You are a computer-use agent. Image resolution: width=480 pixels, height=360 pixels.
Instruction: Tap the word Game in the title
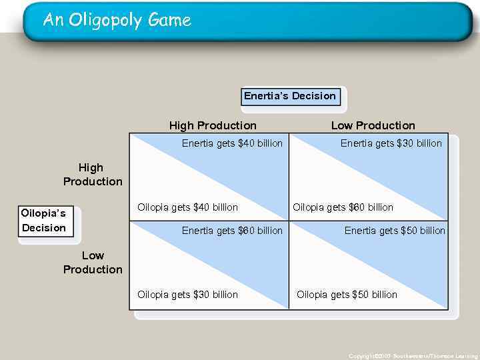pyautogui.click(x=169, y=21)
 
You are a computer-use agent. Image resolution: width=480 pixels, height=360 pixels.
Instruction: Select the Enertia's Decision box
pyautogui.click(x=290, y=97)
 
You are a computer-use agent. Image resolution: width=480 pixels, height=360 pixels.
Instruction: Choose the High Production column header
pyautogui.click(x=213, y=125)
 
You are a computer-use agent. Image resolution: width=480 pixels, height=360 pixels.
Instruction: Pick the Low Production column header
pyautogui.click(x=373, y=125)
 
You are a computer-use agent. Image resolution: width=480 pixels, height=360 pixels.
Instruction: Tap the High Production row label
pyautogui.click(x=93, y=175)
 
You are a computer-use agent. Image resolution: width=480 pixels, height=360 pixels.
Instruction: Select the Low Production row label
pyautogui.click(x=93, y=263)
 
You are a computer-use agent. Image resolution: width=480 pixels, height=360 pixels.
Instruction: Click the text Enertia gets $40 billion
pyautogui.click(x=232, y=143)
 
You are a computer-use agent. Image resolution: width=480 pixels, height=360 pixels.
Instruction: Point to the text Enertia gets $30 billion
pyautogui.click(x=391, y=143)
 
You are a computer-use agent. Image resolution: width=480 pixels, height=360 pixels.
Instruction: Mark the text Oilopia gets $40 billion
pyautogui.click(x=187, y=207)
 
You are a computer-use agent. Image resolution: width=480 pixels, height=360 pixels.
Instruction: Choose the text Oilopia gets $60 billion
pyautogui.click(x=343, y=207)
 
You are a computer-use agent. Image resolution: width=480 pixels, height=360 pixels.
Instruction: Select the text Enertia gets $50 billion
pyautogui.click(x=395, y=231)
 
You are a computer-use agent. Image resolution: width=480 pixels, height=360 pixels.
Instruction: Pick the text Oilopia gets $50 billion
pyautogui.click(x=347, y=295)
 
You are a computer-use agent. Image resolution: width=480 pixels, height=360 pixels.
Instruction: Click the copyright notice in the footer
pyautogui.click(x=413, y=356)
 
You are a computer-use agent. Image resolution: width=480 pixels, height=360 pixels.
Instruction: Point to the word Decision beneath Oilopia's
pyautogui.click(x=44, y=228)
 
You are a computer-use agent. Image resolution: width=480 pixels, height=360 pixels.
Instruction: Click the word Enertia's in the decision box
pyautogui.click(x=266, y=96)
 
